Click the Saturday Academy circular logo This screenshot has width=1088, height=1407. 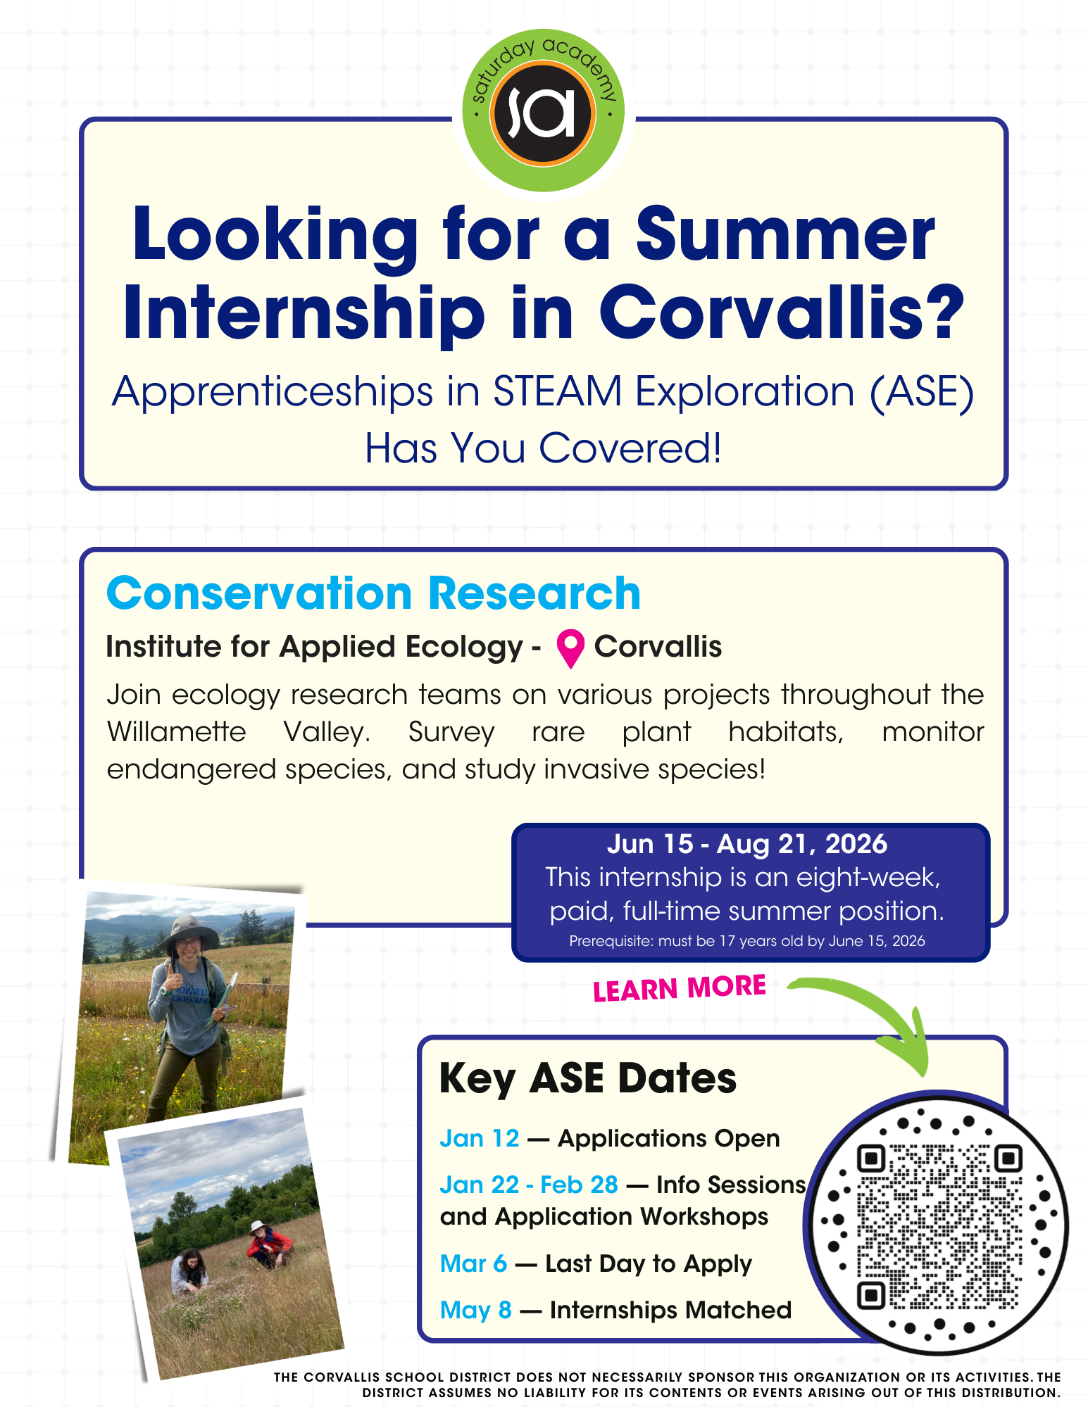(543, 111)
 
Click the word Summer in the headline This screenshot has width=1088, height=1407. (785, 235)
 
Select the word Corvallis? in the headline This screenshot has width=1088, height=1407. (782, 312)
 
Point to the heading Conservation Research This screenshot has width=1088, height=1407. (373, 593)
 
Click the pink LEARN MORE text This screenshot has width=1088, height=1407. (679, 988)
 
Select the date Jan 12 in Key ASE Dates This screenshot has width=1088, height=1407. (479, 1138)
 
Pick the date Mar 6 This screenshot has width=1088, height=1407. (473, 1263)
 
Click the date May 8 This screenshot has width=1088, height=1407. (475, 1310)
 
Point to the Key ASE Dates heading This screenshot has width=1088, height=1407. (587, 1078)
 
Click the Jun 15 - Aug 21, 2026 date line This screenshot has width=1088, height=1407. (746, 844)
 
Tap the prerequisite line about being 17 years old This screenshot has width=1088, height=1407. (746, 941)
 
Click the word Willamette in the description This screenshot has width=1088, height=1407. (176, 732)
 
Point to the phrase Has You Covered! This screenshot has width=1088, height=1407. (543, 448)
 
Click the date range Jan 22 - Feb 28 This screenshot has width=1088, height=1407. (529, 1185)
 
